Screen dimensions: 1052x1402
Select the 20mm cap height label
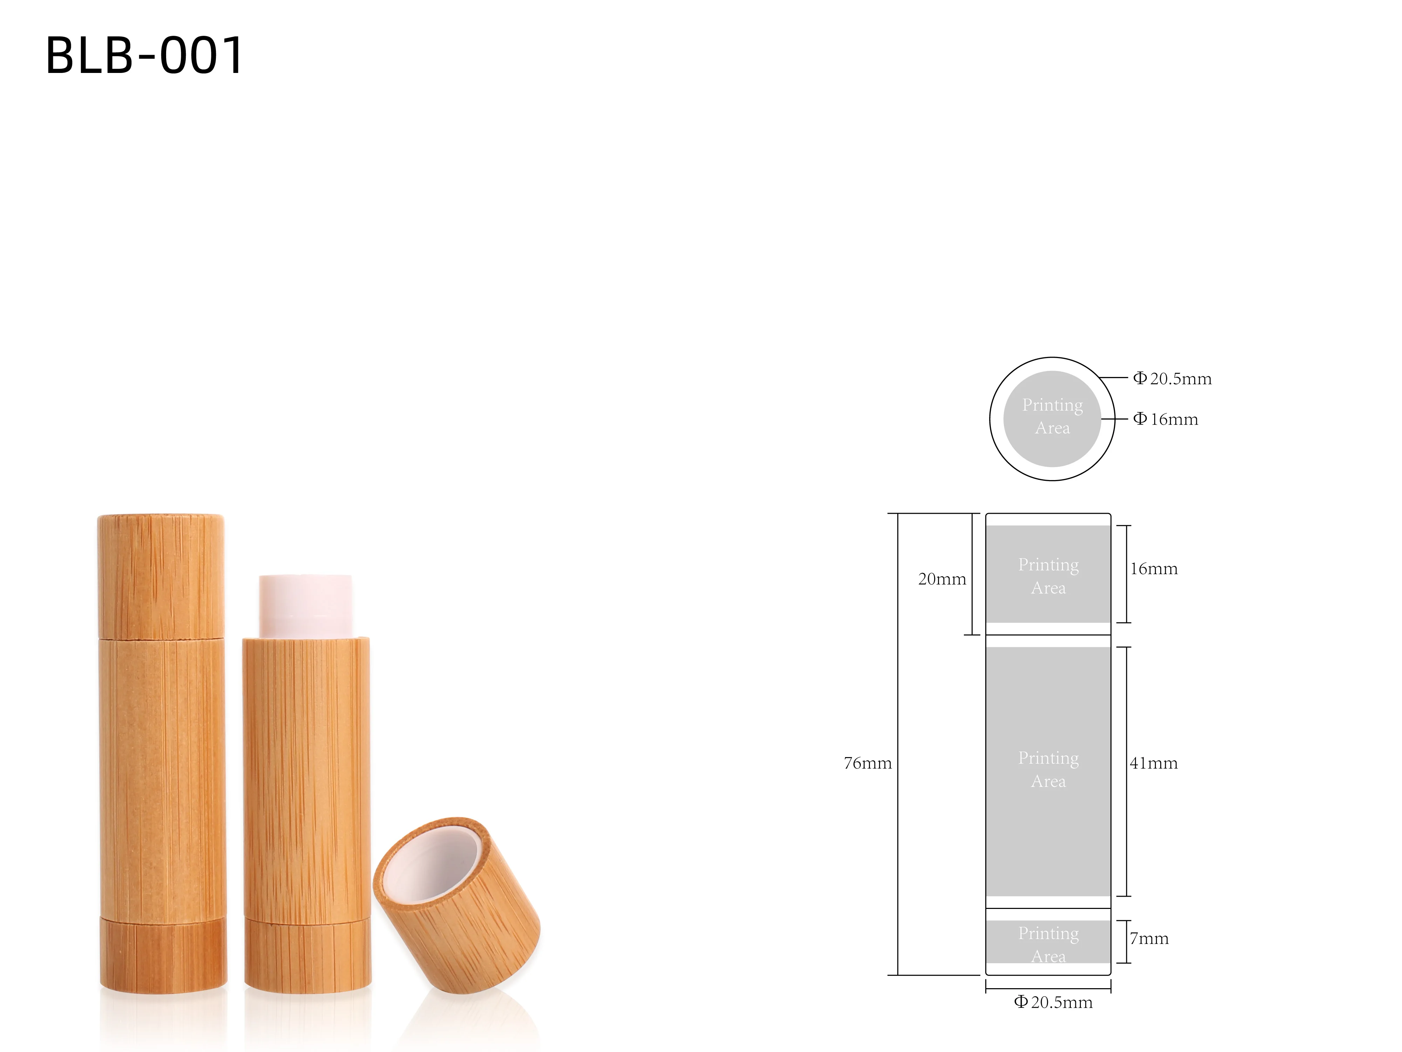point(942,579)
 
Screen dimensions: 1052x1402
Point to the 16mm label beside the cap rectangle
point(1153,569)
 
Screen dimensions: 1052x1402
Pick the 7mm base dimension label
point(1149,938)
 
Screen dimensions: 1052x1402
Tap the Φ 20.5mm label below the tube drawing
point(1053,1003)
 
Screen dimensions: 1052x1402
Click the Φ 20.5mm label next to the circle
point(1172,379)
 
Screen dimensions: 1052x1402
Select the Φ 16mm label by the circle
point(1165,419)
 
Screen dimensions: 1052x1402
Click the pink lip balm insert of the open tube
point(306,606)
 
